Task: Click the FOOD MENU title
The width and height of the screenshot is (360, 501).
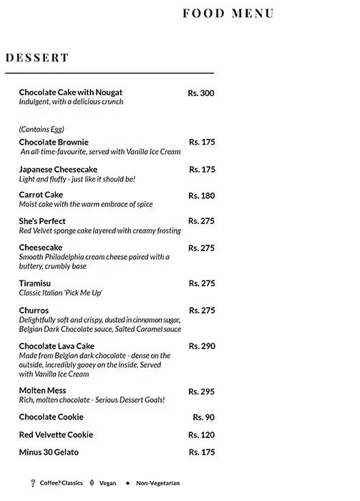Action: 228,14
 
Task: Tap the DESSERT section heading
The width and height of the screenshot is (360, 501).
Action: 37,58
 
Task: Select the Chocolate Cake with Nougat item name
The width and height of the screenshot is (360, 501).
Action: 70,92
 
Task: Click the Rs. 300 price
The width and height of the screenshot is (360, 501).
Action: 201,93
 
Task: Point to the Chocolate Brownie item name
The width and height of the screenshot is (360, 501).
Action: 54,142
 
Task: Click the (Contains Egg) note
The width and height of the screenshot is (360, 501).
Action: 42,130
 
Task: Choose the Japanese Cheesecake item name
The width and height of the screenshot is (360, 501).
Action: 58,169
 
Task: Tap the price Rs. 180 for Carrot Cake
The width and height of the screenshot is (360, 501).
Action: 201,195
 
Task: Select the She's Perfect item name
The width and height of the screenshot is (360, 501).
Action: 42,221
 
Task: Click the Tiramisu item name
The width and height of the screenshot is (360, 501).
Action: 34,283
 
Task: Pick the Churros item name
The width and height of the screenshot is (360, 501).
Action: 34,310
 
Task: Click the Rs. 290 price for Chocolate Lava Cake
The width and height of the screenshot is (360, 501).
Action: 201,346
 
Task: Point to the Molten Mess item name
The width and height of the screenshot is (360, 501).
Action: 42,390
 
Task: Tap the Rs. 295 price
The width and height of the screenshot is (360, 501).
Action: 201,391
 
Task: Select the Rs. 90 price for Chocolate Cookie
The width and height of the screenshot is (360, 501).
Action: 203,417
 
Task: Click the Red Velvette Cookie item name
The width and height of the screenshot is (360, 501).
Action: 56,434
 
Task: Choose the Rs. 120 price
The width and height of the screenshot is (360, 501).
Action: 201,435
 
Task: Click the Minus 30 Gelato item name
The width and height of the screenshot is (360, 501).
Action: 49,452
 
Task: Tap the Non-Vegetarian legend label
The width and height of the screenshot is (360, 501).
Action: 159,483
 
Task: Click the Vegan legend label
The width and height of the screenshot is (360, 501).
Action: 107,483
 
